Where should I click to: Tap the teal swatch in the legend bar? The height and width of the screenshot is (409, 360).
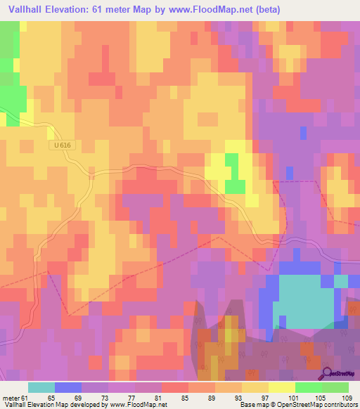click(41, 387)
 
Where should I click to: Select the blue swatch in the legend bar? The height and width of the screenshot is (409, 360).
click(67, 387)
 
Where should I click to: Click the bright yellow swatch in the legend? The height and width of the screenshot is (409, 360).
click(281, 387)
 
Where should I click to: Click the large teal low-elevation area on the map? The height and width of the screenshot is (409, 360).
click(302, 299)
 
